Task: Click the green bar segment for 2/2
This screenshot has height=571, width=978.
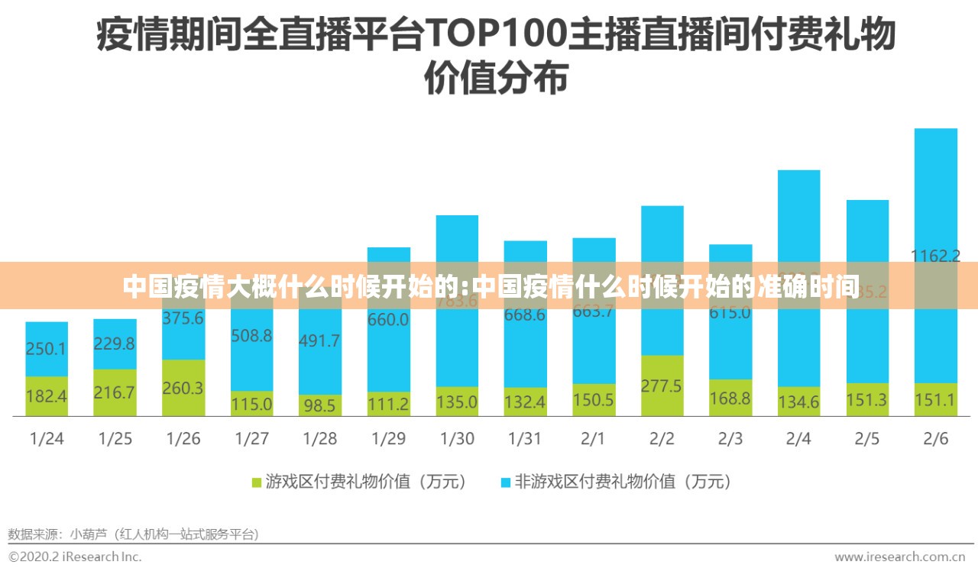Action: click(x=662, y=386)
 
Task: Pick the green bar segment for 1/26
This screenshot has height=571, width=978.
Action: click(x=183, y=387)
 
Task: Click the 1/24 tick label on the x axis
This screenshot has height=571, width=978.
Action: click(x=47, y=439)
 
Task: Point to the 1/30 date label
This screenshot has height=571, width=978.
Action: click(x=457, y=439)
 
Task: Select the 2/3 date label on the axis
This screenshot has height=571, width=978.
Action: click(x=730, y=439)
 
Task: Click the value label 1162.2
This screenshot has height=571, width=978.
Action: click(x=935, y=256)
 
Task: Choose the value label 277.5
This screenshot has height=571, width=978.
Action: click(x=662, y=386)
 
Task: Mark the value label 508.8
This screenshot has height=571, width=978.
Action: click(x=251, y=334)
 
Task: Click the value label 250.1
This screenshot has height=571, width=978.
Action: click(x=47, y=349)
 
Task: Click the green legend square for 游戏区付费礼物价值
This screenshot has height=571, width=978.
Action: click(x=257, y=482)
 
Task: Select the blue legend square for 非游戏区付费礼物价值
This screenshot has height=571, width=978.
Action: click(x=505, y=482)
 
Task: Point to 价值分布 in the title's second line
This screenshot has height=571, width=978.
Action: click(x=496, y=79)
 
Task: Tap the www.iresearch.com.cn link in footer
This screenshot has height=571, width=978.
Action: click(x=899, y=556)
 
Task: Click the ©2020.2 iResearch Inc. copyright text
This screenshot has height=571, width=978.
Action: click(x=75, y=556)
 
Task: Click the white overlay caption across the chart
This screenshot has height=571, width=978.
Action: click(x=489, y=287)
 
